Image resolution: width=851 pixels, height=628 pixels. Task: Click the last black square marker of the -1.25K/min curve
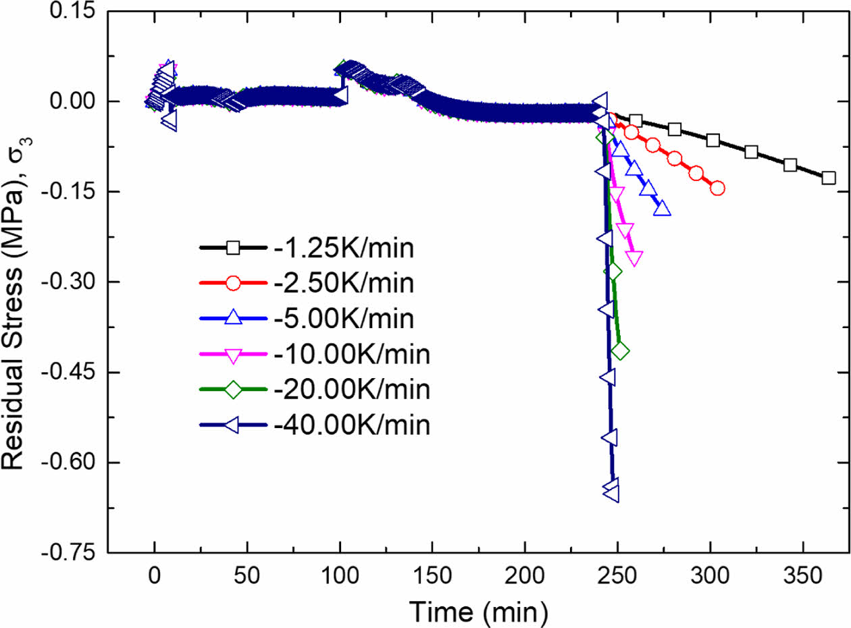pyautogui.click(x=829, y=178)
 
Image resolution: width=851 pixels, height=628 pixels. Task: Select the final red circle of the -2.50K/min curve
pyautogui.click(x=717, y=188)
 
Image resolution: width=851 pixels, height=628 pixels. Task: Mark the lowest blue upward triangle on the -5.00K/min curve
pyautogui.click(x=663, y=209)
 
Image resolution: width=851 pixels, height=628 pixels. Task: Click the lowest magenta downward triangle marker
pyautogui.click(x=634, y=257)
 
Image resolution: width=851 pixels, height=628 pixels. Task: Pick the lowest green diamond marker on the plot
pyautogui.click(x=619, y=350)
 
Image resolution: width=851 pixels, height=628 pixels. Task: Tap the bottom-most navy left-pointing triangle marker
pyautogui.click(x=611, y=494)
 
